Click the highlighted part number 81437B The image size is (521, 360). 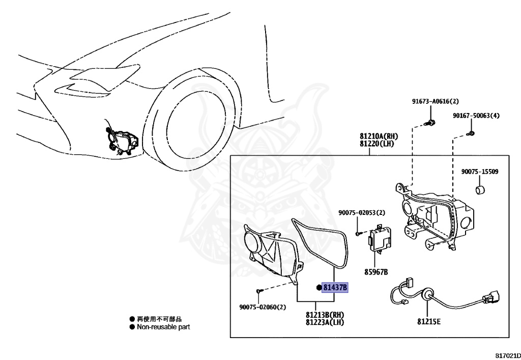click(335, 288)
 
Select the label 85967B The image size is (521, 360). click(376, 272)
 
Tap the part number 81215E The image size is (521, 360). click(429, 321)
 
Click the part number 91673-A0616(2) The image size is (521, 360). click(435, 101)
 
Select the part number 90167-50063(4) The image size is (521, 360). click(476, 116)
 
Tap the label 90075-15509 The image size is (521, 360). click(480, 172)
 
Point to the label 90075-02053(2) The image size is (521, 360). click(362, 212)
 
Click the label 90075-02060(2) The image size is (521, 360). click(263, 307)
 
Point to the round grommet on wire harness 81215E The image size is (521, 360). click(427, 294)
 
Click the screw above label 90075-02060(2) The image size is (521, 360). click(259, 290)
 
